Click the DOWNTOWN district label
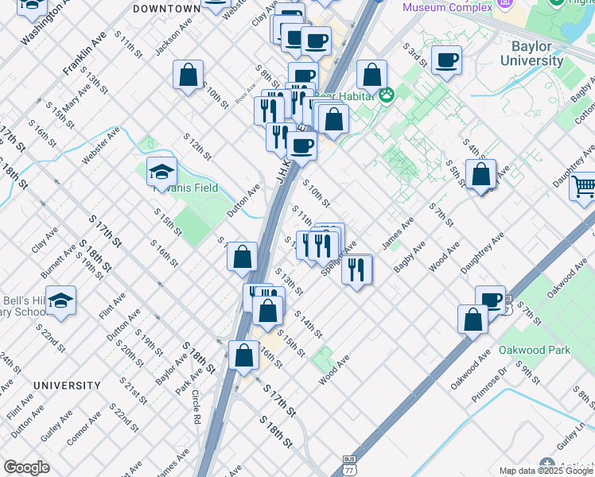[166, 8]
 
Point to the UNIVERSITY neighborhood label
[67, 386]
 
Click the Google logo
[26, 467]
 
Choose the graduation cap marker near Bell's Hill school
[60, 301]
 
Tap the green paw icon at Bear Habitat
[387, 95]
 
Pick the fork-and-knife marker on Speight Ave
[357, 269]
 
